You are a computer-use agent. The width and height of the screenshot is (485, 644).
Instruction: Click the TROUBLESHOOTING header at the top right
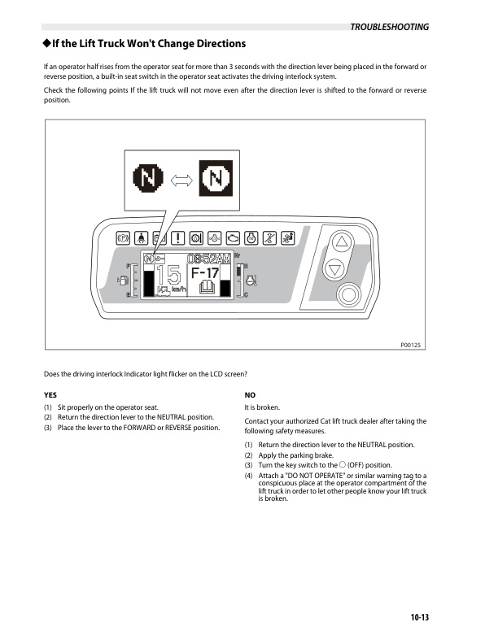[389, 27]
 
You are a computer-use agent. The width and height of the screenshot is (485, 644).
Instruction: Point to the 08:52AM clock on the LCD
[208, 259]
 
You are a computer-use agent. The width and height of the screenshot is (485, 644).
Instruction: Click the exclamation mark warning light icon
[177, 239]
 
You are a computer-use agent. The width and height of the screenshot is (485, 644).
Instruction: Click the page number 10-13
[419, 618]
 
